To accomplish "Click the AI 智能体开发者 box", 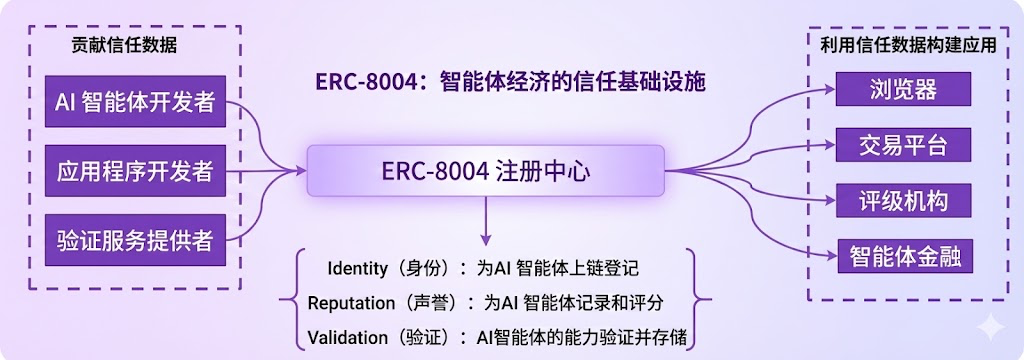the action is pyautogui.click(x=135, y=101).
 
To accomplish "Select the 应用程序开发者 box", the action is pyautogui.click(x=135, y=171).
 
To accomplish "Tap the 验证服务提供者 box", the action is pyautogui.click(x=135, y=240).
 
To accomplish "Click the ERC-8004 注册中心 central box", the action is pyautogui.click(x=485, y=171).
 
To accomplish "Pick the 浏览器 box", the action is pyautogui.click(x=903, y=89).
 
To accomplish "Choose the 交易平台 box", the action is pyautogui.click(x=903, y=145).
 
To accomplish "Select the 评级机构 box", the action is pyautogui.click(x=903, y=201).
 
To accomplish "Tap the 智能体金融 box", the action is pyautogui.click(x=903, y=256).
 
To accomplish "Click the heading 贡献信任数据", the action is pyautogui.click(x=124, y=45).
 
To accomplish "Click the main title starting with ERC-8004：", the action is pyautogui.click(x=511, y=83).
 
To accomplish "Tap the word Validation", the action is pyautogui.click(x=347, y=338).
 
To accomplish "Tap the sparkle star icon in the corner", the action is pyautogui.click(x=990, y=325).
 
